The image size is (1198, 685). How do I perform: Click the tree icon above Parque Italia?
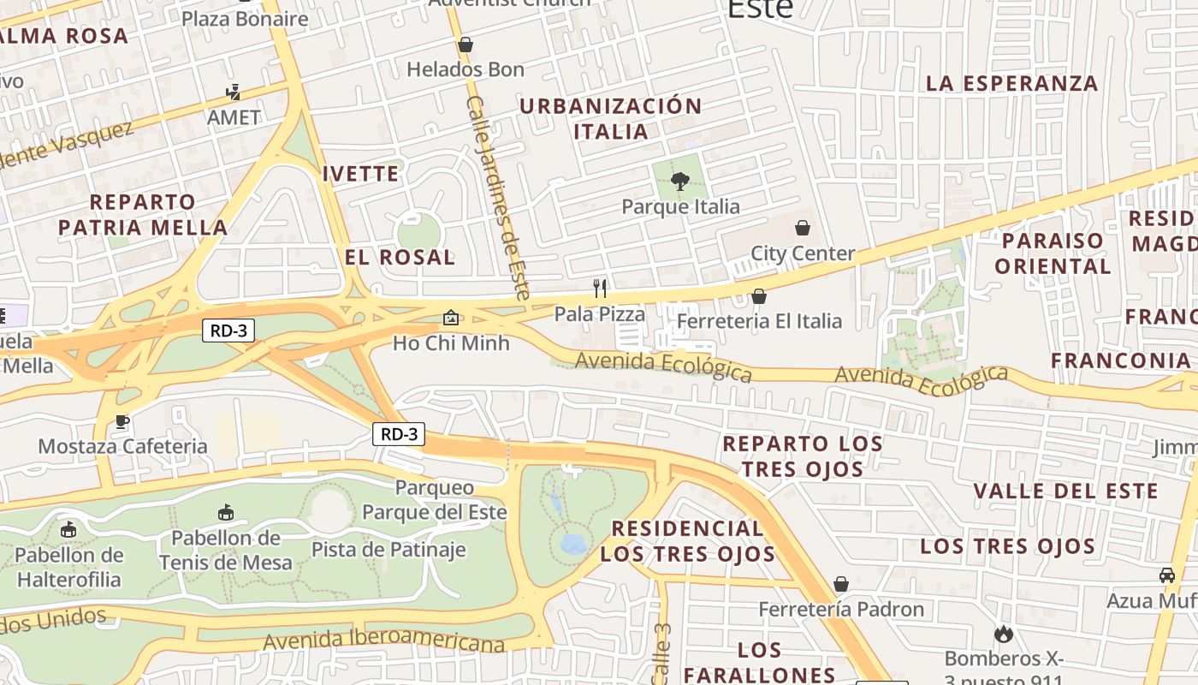click(680, 181)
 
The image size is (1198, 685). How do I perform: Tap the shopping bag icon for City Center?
click(803, 228)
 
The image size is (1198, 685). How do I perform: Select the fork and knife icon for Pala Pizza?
click(600, 288)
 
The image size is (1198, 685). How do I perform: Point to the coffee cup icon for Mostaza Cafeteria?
click(122, 420)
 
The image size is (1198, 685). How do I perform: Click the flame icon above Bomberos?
click(1004, 634)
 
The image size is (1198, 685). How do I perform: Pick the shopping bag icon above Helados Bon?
click(466, 45)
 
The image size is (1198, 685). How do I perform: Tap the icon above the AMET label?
click(233, 92)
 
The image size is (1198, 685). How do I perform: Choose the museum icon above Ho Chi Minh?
click(451, 318)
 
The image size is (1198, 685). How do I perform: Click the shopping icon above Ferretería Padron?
click(841, 584)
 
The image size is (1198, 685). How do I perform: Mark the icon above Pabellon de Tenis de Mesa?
click(225, 513)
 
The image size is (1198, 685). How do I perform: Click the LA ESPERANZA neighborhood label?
click(1012, 83)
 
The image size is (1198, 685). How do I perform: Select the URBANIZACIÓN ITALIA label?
click(611, 119)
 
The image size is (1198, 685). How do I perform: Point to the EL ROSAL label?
click(400, 257)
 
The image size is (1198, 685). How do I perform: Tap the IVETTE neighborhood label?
click(360, 174)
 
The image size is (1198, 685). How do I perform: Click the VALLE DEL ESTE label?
click(1065, 491)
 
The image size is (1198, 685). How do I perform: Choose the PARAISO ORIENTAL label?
click(1053, 253)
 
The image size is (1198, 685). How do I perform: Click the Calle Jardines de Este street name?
click(499, 197)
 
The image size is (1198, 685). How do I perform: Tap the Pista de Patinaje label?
click(388, 550)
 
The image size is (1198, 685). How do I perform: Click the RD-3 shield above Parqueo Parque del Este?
click(399, 434)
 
